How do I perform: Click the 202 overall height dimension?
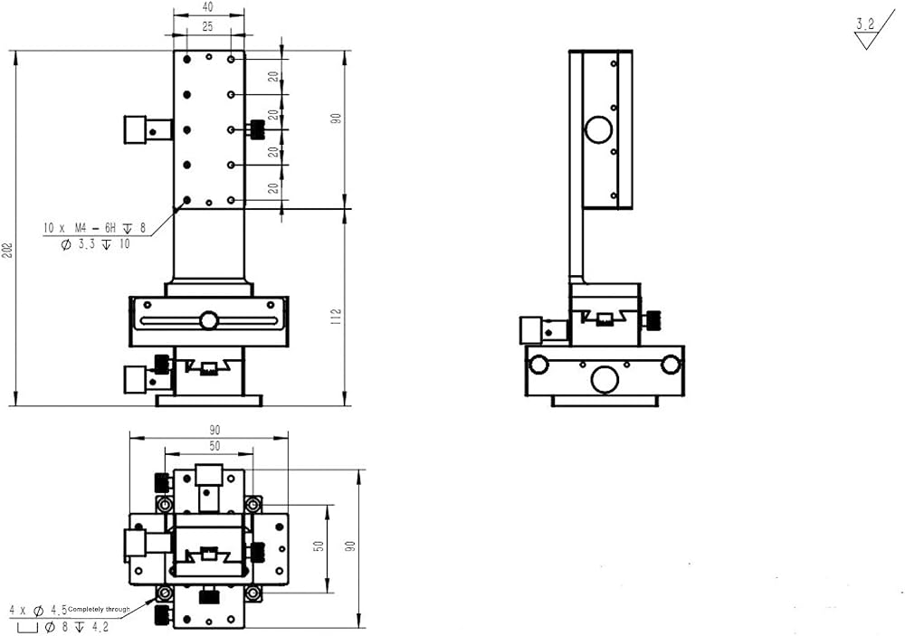coord(7,250)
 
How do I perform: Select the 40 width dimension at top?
coord(208,7)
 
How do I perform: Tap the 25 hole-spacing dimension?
coord(208,26)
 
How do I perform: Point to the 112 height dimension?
coord(337,317)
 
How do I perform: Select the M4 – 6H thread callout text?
coord(95,228)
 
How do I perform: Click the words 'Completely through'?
coord(99,609)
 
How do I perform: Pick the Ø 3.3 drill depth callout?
coord(96,244)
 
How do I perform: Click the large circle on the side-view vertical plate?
coord(598,129)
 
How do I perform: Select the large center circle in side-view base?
coord(605,379)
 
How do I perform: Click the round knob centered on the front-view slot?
coord(209,320)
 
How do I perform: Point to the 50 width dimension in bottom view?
coord(214,446)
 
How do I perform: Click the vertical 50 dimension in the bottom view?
coord(319,546)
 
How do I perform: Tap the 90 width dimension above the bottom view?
coord(214,430)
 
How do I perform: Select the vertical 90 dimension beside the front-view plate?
coord(336,119)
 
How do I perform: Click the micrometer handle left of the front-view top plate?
coord(148,130)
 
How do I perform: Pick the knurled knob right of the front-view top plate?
coord(256,129)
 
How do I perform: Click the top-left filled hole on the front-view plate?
coord(187,59)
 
